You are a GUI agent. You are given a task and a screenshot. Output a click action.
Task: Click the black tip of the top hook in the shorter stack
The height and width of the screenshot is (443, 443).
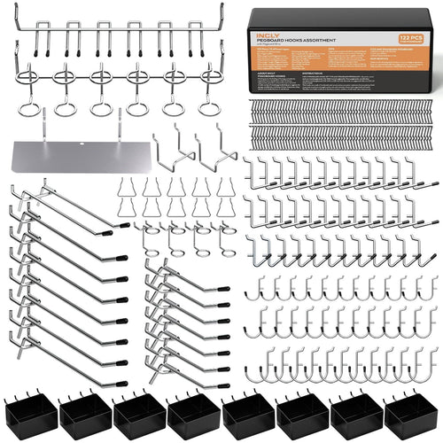222,290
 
